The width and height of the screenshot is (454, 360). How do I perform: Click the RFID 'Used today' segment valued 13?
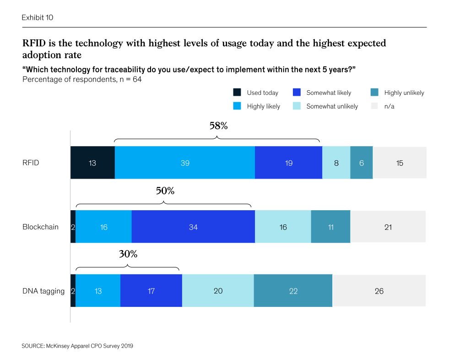click(x=92, y=163)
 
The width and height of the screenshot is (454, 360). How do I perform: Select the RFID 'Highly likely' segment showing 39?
click(x=185, y=163)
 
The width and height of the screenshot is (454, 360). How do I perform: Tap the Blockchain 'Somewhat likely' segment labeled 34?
click(x=193, y=227)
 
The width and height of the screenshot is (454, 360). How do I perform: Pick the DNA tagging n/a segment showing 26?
click(x=379, y=291)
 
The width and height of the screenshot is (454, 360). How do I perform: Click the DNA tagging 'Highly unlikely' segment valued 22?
click(x=293, y=291)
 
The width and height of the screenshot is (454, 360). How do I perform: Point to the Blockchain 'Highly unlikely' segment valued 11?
click(x=330, y=227)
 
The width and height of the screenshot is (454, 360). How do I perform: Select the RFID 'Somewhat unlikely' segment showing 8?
click(x=336, y=163)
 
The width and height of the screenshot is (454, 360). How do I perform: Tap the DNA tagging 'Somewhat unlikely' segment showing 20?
click(x=218, y=291)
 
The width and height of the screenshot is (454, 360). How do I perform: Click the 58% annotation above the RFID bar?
click(x=218, y=126)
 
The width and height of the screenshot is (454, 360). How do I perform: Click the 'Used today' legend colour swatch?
click(x=238, y=93)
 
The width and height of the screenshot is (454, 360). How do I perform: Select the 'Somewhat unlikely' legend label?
click(x=332, y=106)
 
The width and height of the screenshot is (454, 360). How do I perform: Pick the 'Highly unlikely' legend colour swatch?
click(x=375, y=93)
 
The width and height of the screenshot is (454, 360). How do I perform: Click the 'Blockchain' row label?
click(x=41, y=227)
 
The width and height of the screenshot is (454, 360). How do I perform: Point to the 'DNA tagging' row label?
click(x=43, y=291)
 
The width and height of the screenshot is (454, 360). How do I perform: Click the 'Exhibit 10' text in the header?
click(x=38, y=18)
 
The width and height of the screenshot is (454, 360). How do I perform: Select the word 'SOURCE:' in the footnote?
click(x=32, y=346)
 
